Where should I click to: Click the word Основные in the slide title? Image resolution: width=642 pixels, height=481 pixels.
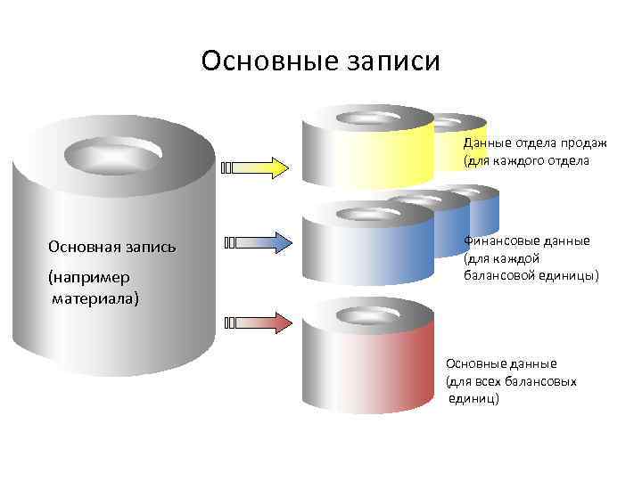click(x=257, y=61)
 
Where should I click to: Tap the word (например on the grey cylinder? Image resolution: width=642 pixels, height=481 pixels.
click(x=89, y=279)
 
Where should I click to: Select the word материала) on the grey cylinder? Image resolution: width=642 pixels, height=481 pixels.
click(x=95, y=298)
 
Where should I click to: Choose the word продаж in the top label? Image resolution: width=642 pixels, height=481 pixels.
click(x=587, y=143)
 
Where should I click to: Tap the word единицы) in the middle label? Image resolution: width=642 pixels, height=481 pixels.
click(x=571, y=275)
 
